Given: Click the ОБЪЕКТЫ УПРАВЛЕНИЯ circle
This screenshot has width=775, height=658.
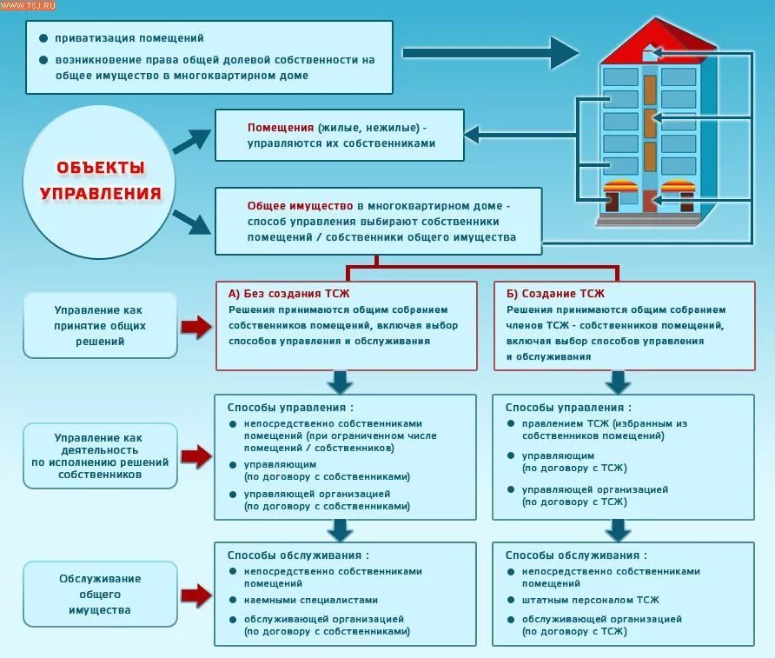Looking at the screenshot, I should pos(101,181).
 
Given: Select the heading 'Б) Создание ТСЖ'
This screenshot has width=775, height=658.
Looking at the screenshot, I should pos(555,294).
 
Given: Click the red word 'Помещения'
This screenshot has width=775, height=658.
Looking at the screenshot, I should pos(280,126).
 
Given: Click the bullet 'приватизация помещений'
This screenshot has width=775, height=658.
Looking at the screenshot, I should pos(129,38).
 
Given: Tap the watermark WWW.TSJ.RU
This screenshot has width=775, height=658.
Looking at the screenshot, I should pos(27,6).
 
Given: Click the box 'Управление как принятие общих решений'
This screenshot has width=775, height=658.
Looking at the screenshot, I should pos(99,326).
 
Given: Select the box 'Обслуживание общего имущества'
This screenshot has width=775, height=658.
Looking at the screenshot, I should pos(99,595).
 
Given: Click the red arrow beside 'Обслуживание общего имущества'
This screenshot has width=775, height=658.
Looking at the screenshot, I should pos(197,595).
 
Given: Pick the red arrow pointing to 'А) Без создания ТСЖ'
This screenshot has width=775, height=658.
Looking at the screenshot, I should pos(197,326).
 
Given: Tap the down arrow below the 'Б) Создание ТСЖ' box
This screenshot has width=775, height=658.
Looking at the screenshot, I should pos(618,382).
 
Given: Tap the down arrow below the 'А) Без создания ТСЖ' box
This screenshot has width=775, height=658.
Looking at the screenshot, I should pos(340,382).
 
